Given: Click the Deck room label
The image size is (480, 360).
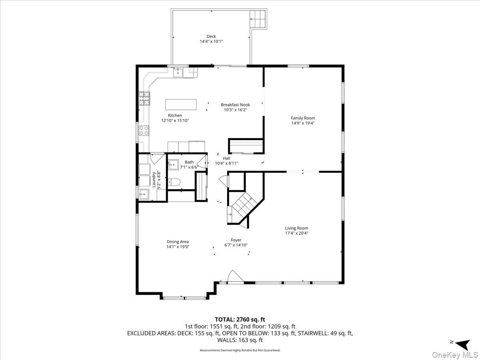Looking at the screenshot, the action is coord(211,36).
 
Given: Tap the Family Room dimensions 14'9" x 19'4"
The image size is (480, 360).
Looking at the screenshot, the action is coord(303,123).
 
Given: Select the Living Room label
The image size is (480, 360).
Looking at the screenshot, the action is coord(296,228).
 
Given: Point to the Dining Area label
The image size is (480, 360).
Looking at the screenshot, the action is coord(178,242).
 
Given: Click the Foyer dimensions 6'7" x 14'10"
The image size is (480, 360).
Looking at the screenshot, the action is coord(236,245).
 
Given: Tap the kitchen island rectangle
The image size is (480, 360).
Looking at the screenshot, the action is coord(181,104).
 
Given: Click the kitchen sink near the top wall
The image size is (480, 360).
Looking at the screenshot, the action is coord(178,72).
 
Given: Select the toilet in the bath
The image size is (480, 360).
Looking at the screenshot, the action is coord(174,182).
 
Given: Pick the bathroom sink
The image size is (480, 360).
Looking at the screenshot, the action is coord(173,164).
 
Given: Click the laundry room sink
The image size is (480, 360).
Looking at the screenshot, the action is coord(144,194).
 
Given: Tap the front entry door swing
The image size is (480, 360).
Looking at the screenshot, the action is coord(236,277).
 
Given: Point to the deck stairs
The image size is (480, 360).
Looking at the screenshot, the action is coord(258,19).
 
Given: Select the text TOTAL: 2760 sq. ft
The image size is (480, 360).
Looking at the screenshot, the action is coord(240,319).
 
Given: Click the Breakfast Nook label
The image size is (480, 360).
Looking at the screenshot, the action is coord(235,105).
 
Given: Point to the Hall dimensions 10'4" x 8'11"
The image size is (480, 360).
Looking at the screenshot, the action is coord(226,163).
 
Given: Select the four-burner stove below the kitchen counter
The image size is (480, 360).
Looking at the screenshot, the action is coord(144,130).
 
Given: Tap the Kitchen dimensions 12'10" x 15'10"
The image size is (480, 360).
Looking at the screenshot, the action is coord(175,120).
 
